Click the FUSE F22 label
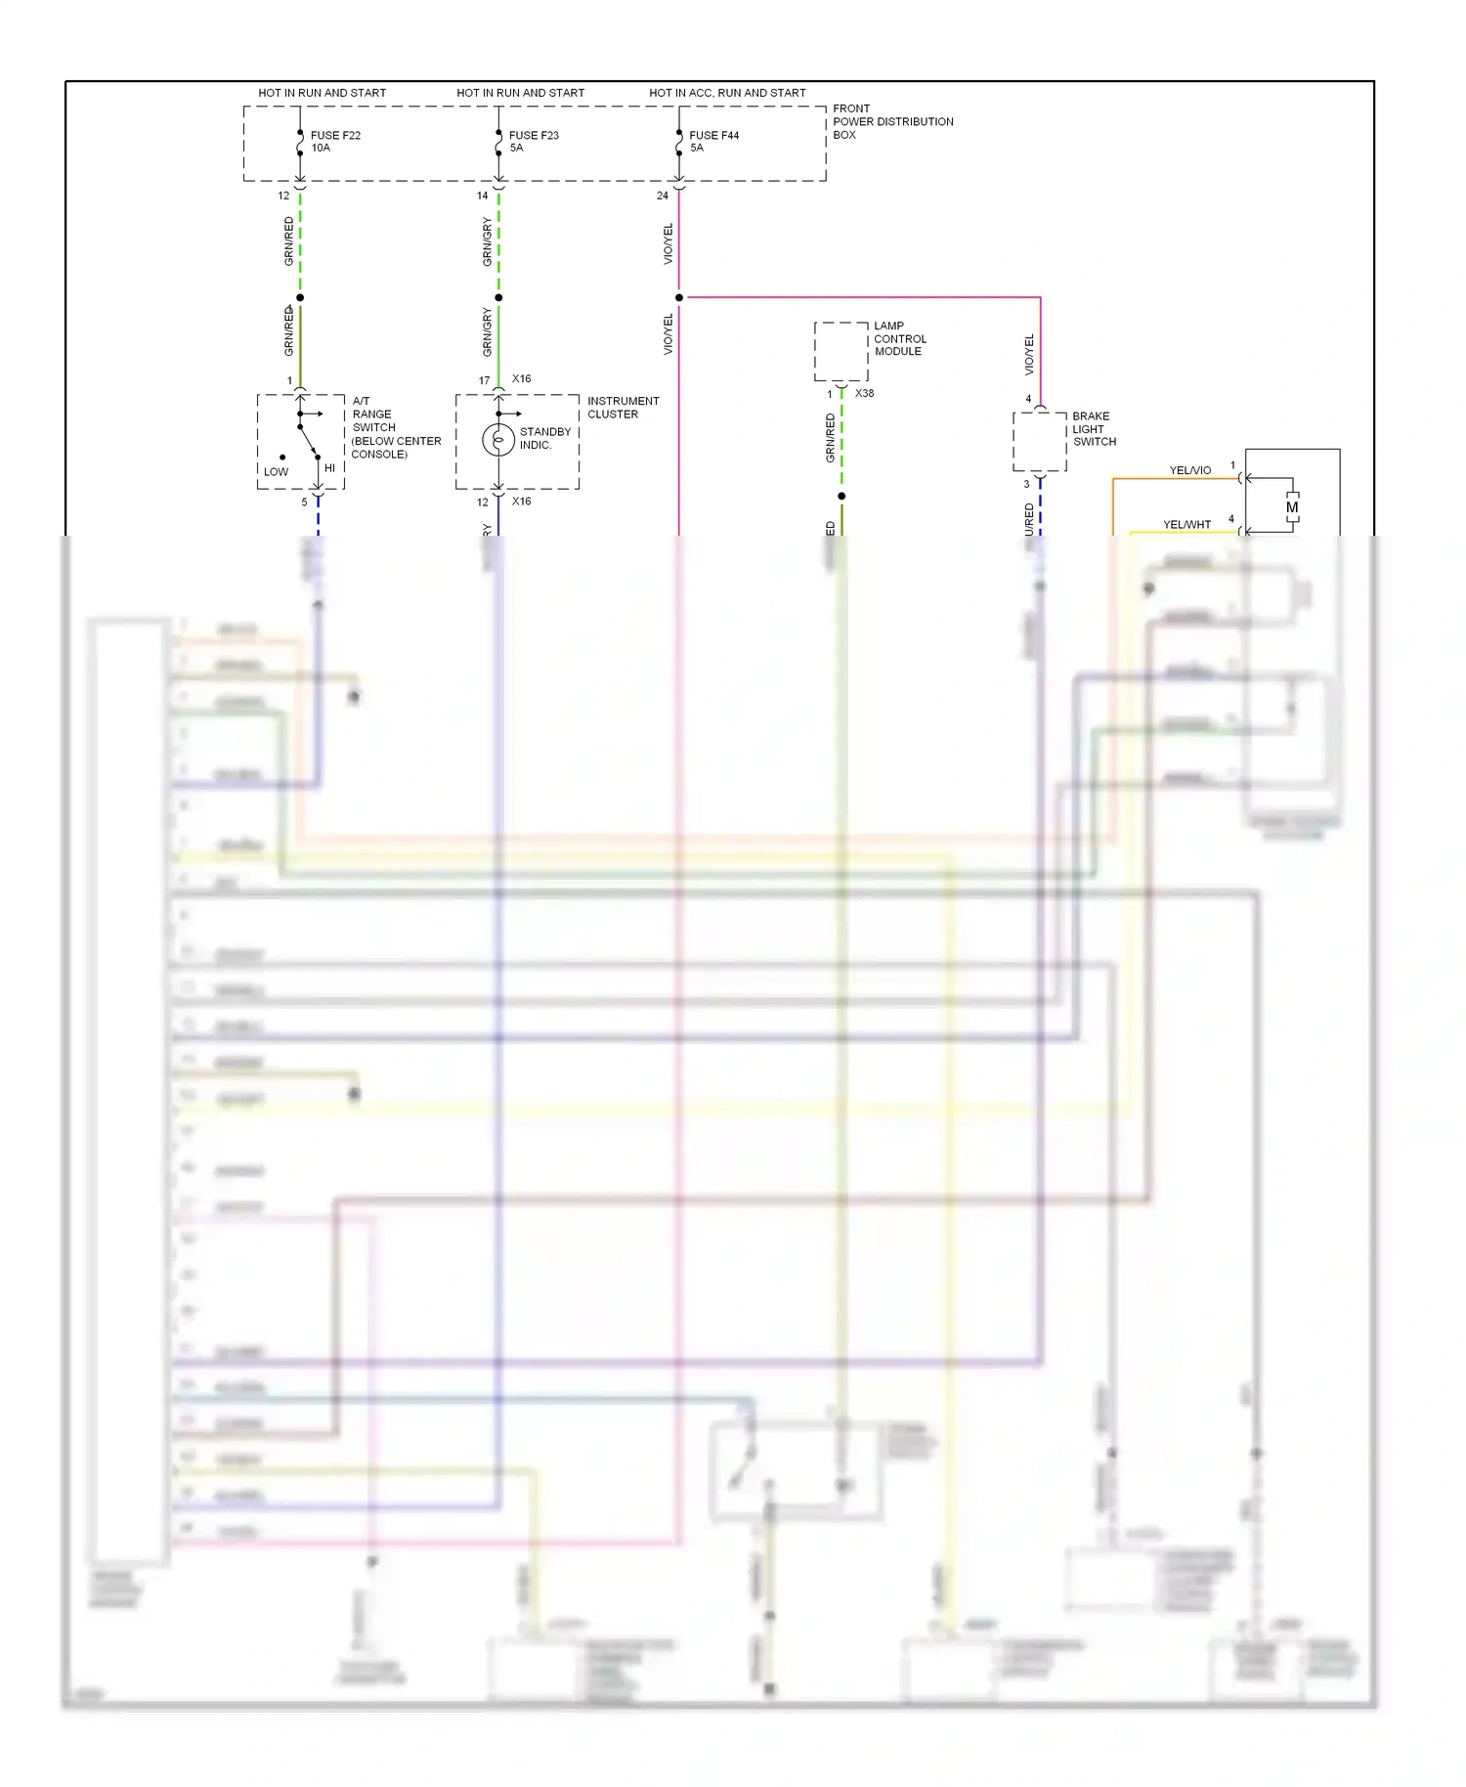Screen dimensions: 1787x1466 [335, 136]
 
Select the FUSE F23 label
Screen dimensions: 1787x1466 [534, 136]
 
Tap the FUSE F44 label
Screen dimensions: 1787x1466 [713, 136]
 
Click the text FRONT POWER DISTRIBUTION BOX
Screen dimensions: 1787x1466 [891, 122]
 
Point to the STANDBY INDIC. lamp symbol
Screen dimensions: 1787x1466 [498, 440]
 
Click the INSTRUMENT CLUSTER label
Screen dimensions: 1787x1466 [623, 408]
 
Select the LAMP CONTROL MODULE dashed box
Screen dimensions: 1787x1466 [841, 352]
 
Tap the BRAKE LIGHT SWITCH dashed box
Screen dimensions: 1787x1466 [1039, 442]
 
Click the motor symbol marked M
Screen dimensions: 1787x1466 [1292, 507]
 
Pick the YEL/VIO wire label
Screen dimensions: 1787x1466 [1189, 471]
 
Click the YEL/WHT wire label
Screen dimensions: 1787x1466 [1186, 525]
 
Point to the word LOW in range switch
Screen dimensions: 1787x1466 [276, 472]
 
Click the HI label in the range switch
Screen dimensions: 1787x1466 [329, 468]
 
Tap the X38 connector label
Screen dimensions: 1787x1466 [864, 394]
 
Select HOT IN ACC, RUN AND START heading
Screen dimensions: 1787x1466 [727, 93]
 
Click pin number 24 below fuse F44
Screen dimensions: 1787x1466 [662, 196]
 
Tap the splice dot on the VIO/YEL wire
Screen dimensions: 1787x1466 [679, 297]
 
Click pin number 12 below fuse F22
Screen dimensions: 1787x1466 [283, 196]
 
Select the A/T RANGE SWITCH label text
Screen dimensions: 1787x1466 [395, 427]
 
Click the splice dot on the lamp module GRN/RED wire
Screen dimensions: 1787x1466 [841, 496]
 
